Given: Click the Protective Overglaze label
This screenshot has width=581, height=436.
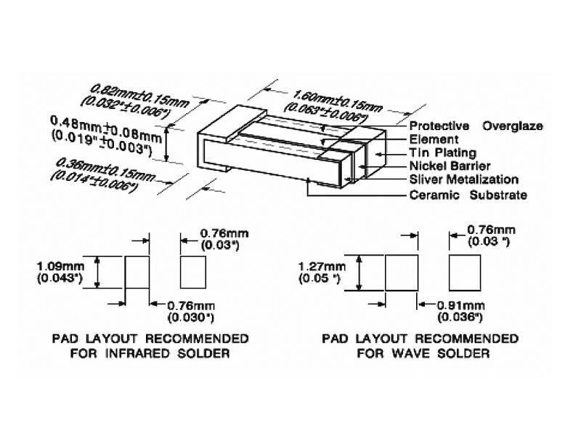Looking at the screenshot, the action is (x=476, y=126).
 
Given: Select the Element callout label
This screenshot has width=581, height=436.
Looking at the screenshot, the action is (x=434, y=140).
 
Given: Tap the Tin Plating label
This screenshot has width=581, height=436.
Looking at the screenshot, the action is (x=443, y=153).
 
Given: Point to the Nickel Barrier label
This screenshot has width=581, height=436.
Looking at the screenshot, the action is (x=450, y=166).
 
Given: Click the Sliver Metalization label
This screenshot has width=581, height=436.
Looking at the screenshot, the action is (x=464, y=179).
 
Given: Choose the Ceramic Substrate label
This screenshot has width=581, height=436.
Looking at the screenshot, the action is (x=468, y=195).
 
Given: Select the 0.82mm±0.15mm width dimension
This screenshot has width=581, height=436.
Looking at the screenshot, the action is (x=140, y=96).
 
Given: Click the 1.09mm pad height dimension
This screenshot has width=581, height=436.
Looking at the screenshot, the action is (x=61, y=266).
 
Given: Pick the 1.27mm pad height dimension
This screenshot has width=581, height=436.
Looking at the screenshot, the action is (x=322, y=266).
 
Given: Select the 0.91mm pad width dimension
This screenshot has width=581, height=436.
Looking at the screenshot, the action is (x=461, y=305).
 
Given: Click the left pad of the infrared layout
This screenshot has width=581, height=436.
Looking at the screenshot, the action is (x=137, y=272).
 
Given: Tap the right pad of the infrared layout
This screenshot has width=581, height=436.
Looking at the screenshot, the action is (x=193, y=272).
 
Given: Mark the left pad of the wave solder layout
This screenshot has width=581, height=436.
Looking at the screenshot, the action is (x=402, y=272).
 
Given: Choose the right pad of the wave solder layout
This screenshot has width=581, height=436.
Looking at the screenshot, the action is (x=465, y=272).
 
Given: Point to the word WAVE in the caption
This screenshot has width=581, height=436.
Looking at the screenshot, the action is (x=410, y=353).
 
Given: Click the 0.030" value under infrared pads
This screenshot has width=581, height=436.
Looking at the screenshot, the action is (x=191, y=318).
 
